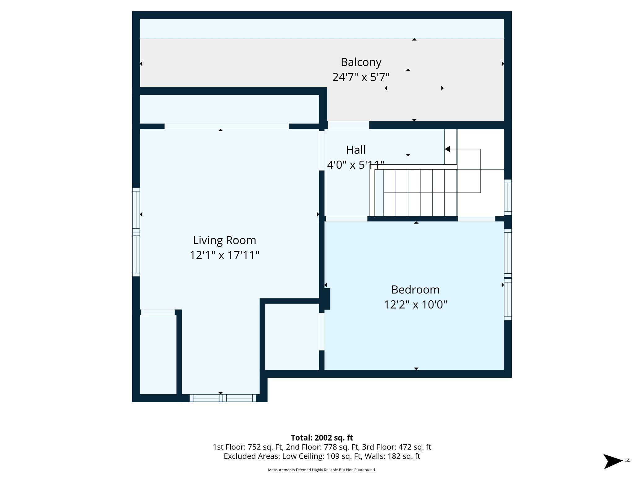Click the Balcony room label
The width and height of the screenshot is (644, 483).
pos(361,62)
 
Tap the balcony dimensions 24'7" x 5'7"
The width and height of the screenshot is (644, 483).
pos(361,77)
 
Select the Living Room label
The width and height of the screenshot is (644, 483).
pos(224,240)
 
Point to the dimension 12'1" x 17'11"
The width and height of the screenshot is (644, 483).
pos(224,255)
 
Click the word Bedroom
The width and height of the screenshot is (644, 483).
pos(416,290)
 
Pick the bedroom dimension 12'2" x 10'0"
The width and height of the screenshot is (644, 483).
pos(416,305)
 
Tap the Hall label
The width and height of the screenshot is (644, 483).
pos(356,150)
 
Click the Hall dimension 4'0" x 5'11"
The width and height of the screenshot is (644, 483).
pos(356,165)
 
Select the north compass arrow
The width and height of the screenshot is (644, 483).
pos(613,461)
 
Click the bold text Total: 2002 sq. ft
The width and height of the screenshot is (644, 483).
pos(322,438)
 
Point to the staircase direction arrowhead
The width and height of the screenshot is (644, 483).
pos(447,149)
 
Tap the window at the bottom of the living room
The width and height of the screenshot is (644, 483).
pos(223,398)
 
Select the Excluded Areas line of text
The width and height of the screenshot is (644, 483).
pos(322,456)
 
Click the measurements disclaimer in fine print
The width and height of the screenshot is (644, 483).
pos(322,470)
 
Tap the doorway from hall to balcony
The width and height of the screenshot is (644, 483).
pos(349,125)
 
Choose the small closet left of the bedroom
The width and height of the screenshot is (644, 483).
pos(292,337)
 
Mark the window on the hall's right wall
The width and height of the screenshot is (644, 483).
pos(508,197)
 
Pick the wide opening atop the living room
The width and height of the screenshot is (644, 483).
pos(227,126)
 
